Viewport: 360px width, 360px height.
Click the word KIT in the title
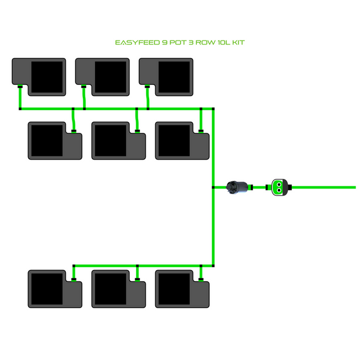237,43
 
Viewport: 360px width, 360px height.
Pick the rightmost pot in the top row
166,76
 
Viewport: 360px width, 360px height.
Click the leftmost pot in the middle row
55,141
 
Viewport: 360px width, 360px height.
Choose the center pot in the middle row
119,141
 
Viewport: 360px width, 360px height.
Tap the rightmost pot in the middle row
182,141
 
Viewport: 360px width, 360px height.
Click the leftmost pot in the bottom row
55,289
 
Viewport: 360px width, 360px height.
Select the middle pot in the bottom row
119,289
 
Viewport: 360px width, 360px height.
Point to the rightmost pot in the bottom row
182,289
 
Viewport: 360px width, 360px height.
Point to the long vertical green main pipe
213,225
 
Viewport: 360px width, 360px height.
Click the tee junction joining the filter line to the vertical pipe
213,187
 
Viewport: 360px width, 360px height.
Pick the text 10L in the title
222,43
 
